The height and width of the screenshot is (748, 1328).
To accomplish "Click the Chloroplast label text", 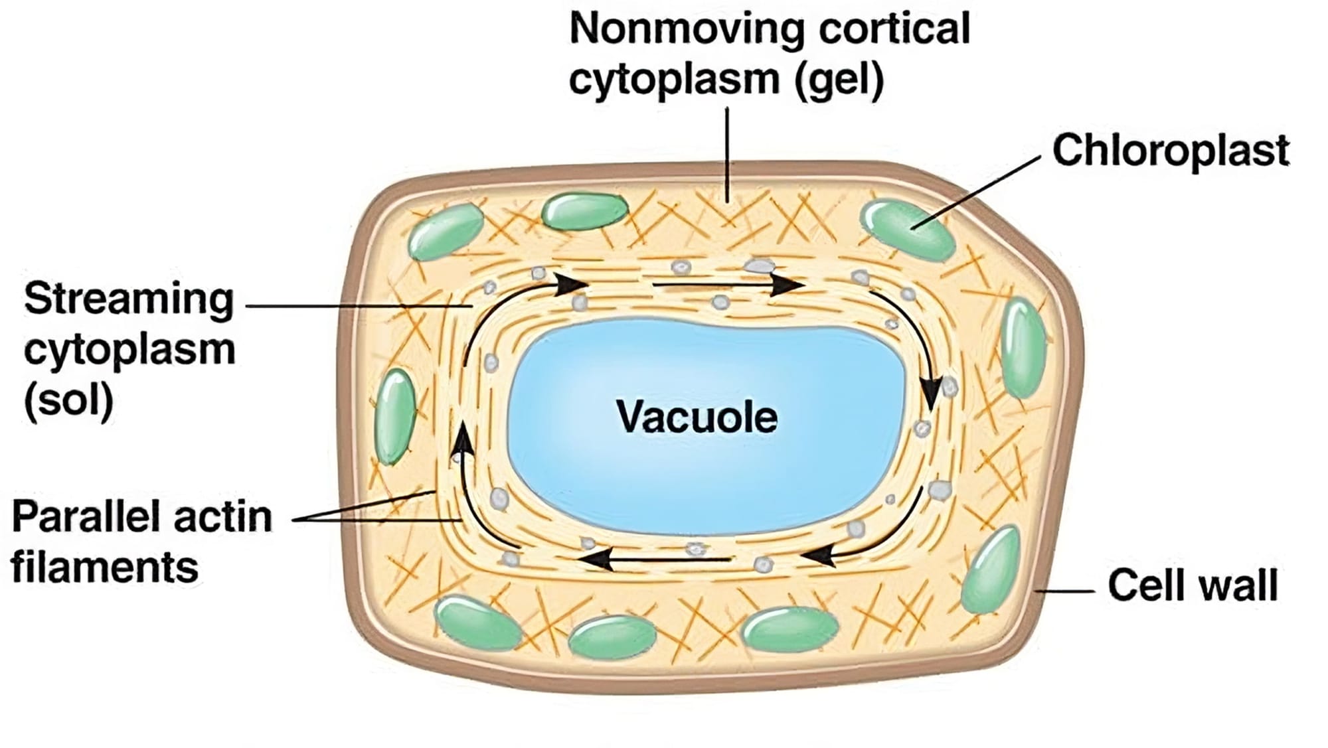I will click(x=1171, y=151).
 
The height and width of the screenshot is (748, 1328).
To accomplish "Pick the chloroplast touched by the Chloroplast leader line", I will click(x=907, y=229).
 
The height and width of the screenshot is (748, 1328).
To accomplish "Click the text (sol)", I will click(x=68, y=400).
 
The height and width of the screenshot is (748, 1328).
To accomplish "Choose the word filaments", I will click(x=105, y=568).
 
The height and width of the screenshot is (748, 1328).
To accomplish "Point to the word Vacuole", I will click(x=697, y=417).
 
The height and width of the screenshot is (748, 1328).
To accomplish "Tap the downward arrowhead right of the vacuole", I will click(x=932, y=395).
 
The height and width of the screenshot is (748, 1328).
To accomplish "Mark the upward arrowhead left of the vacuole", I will click(x=462, y=438).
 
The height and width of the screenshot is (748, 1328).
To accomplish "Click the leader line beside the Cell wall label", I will click(x=1065, y=590).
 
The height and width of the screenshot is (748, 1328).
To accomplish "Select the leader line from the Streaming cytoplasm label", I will click(x=359, y=306).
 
